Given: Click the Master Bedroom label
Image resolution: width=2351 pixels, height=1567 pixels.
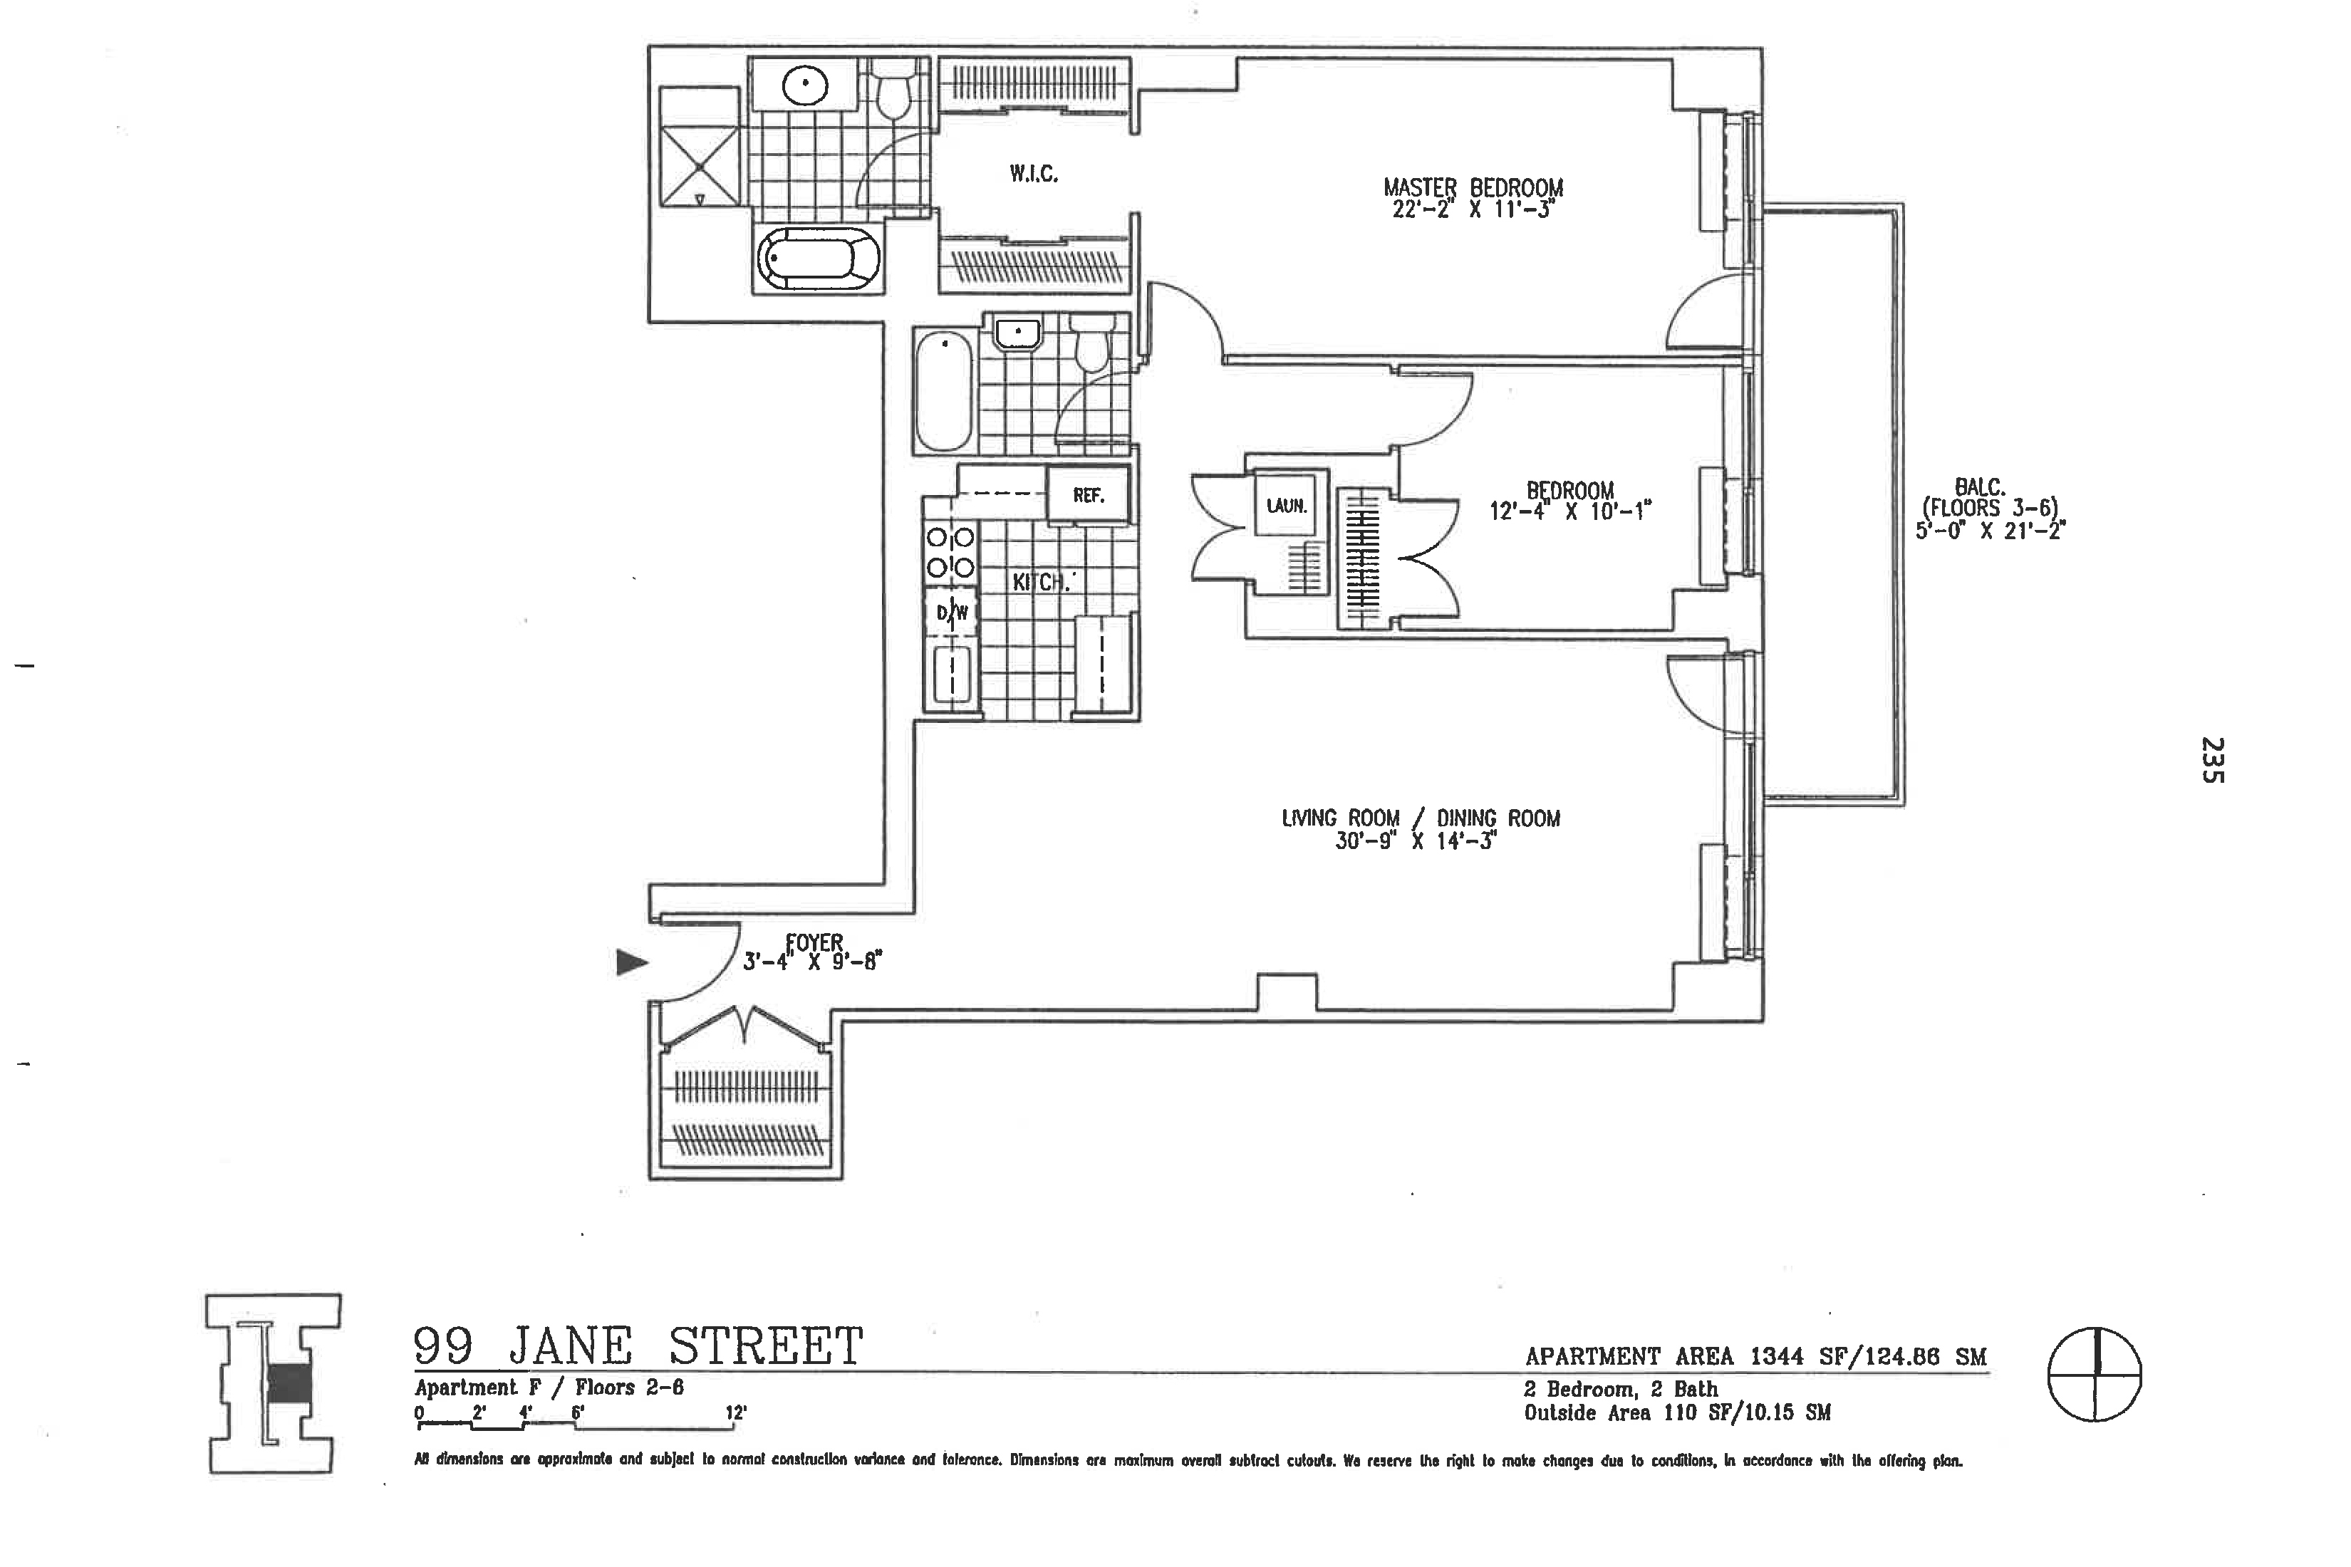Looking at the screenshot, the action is point(1473,187).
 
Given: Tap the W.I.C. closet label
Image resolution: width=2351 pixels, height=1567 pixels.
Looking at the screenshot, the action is point(1034,174).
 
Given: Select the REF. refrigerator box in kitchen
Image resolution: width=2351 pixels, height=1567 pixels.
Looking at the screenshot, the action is point(1088,496).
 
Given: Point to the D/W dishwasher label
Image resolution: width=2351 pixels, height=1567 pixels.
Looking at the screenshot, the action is point(952,613).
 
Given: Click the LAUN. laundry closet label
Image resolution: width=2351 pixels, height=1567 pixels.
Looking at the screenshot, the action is point(1287,506).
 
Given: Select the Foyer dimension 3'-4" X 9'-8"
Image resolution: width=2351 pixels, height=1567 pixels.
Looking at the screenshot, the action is point(811,962).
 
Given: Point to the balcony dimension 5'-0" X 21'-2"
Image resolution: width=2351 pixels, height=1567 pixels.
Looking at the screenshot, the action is point(1990,531).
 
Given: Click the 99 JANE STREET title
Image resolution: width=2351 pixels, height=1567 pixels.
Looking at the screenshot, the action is point(638,1346).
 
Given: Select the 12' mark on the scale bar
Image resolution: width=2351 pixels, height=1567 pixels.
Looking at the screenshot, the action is point(736,1413).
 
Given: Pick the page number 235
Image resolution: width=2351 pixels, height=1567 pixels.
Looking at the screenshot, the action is point(2212,759).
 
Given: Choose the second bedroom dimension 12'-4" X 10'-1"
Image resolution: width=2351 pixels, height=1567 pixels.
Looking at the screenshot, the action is point(1569,511).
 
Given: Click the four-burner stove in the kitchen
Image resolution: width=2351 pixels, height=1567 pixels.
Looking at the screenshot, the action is point(950,553).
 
